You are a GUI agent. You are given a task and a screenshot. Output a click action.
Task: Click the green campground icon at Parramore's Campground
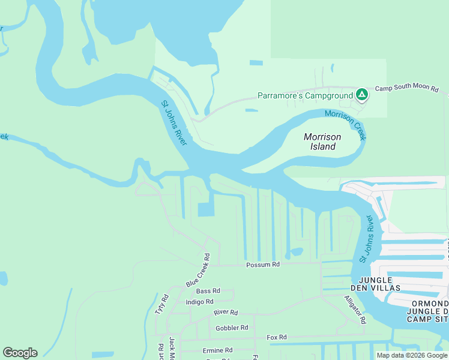point(362,95)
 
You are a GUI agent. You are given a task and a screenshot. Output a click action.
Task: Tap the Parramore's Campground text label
point(305,95)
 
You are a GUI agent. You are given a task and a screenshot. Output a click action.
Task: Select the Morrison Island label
point(322,142)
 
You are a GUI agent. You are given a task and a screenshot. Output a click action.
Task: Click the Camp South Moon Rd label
point(407,89)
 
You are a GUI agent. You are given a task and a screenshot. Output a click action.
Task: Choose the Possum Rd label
point(263,265)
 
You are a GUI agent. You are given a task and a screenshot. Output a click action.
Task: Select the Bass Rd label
point(208,291)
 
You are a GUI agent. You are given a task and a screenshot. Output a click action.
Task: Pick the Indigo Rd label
point(200,302)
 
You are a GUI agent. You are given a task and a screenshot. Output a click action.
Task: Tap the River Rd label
point(226,313)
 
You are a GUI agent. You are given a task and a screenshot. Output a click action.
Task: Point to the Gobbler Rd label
point(232,328)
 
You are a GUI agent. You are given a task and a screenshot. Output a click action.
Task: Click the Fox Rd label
point(277,337)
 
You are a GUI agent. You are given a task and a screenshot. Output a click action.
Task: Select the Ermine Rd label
point(217,350)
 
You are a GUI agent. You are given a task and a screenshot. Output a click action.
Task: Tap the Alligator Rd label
point(355,309)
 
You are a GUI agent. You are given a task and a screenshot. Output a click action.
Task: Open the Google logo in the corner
point(20,353)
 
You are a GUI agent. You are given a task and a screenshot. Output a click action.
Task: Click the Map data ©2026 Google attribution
point(412,355)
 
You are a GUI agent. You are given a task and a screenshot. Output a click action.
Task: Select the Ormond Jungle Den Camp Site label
point(427,311)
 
